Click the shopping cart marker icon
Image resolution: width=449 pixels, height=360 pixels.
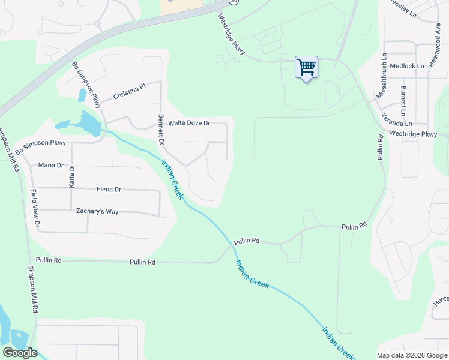tap(306, 67)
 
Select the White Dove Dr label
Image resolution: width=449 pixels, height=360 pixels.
tap(189, 123)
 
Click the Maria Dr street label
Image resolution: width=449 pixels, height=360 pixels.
tap(50, 165)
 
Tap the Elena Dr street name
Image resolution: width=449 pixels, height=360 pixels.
tap(109, 190)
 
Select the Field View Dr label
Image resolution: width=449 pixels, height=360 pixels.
tap(35, 208)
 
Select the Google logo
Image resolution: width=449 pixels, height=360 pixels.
tap(20, 353)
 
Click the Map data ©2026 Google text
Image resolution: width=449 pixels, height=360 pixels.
tap(411, 355)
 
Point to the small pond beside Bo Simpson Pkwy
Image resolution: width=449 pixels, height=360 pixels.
tap(82, 95)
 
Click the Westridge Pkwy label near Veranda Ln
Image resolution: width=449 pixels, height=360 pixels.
tap(413, 134)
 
